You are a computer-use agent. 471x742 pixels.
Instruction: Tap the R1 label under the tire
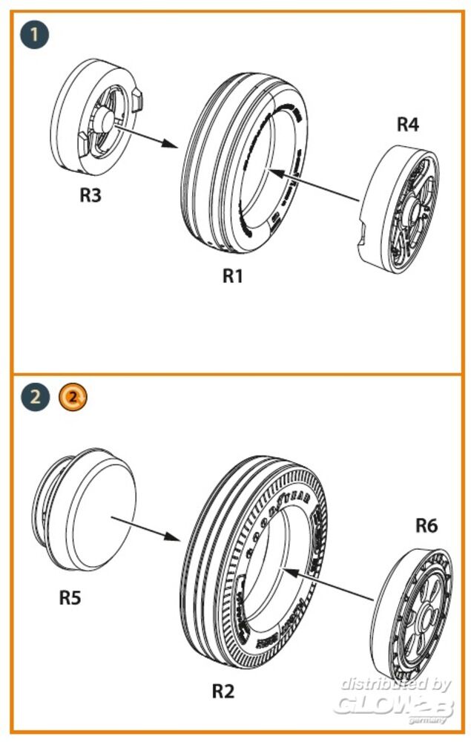coord(233,276)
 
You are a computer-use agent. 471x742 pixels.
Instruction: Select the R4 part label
coord(407,125)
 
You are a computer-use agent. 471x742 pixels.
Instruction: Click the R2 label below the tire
coord(223,692)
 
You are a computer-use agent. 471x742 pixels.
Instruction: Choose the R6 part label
coord(426,526)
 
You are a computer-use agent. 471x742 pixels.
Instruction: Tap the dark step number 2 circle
coord(35,398)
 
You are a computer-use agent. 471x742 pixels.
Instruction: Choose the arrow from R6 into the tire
coord(330,582)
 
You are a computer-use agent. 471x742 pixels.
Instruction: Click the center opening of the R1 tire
coord(268,171)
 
